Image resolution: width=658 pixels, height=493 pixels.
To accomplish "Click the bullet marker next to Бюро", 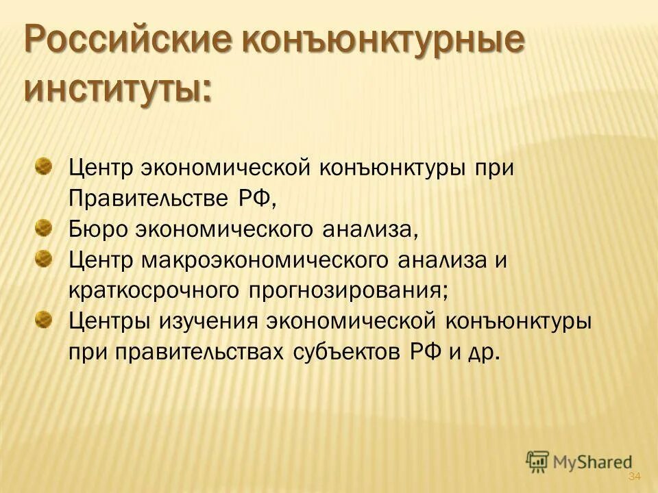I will (x=43, y=225).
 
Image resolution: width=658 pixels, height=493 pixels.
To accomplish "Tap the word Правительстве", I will (x=154, y=199).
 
